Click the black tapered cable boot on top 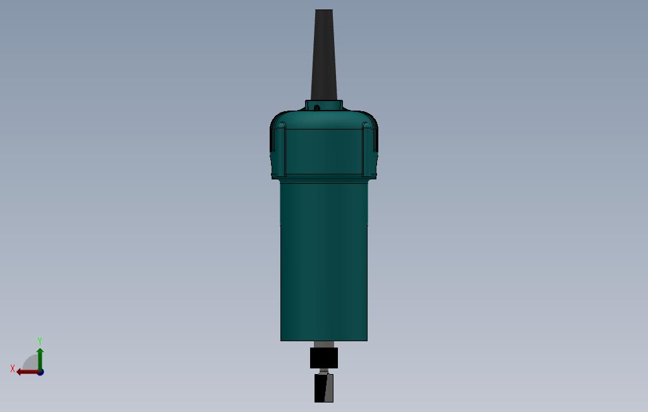324,54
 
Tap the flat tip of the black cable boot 324,10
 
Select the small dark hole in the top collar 317,108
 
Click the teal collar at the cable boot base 324,106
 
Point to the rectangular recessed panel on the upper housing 324,152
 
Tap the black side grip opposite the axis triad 376,138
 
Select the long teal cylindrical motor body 324,262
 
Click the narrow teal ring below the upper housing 324,180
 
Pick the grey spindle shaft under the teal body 324,344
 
